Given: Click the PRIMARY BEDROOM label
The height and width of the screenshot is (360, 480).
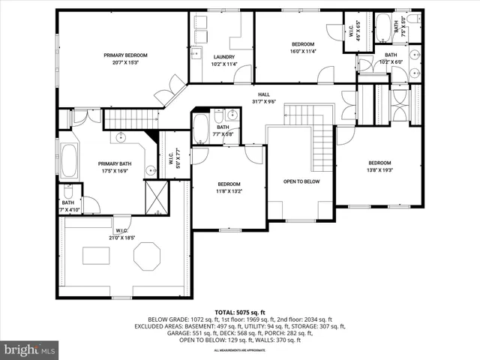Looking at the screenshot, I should click(x=125, y=55).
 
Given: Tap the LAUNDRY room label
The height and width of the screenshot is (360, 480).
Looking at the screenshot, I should click(x=223, y=57).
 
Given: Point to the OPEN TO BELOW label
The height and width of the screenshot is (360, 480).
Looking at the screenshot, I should click(x=301, y=181).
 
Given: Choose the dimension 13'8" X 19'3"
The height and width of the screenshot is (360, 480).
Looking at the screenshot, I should click(x=379, y=169).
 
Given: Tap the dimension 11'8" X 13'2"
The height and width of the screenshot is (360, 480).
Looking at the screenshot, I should click(x=229, y=190).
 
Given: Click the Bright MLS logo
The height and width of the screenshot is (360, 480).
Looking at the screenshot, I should click(x=30, y=349).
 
